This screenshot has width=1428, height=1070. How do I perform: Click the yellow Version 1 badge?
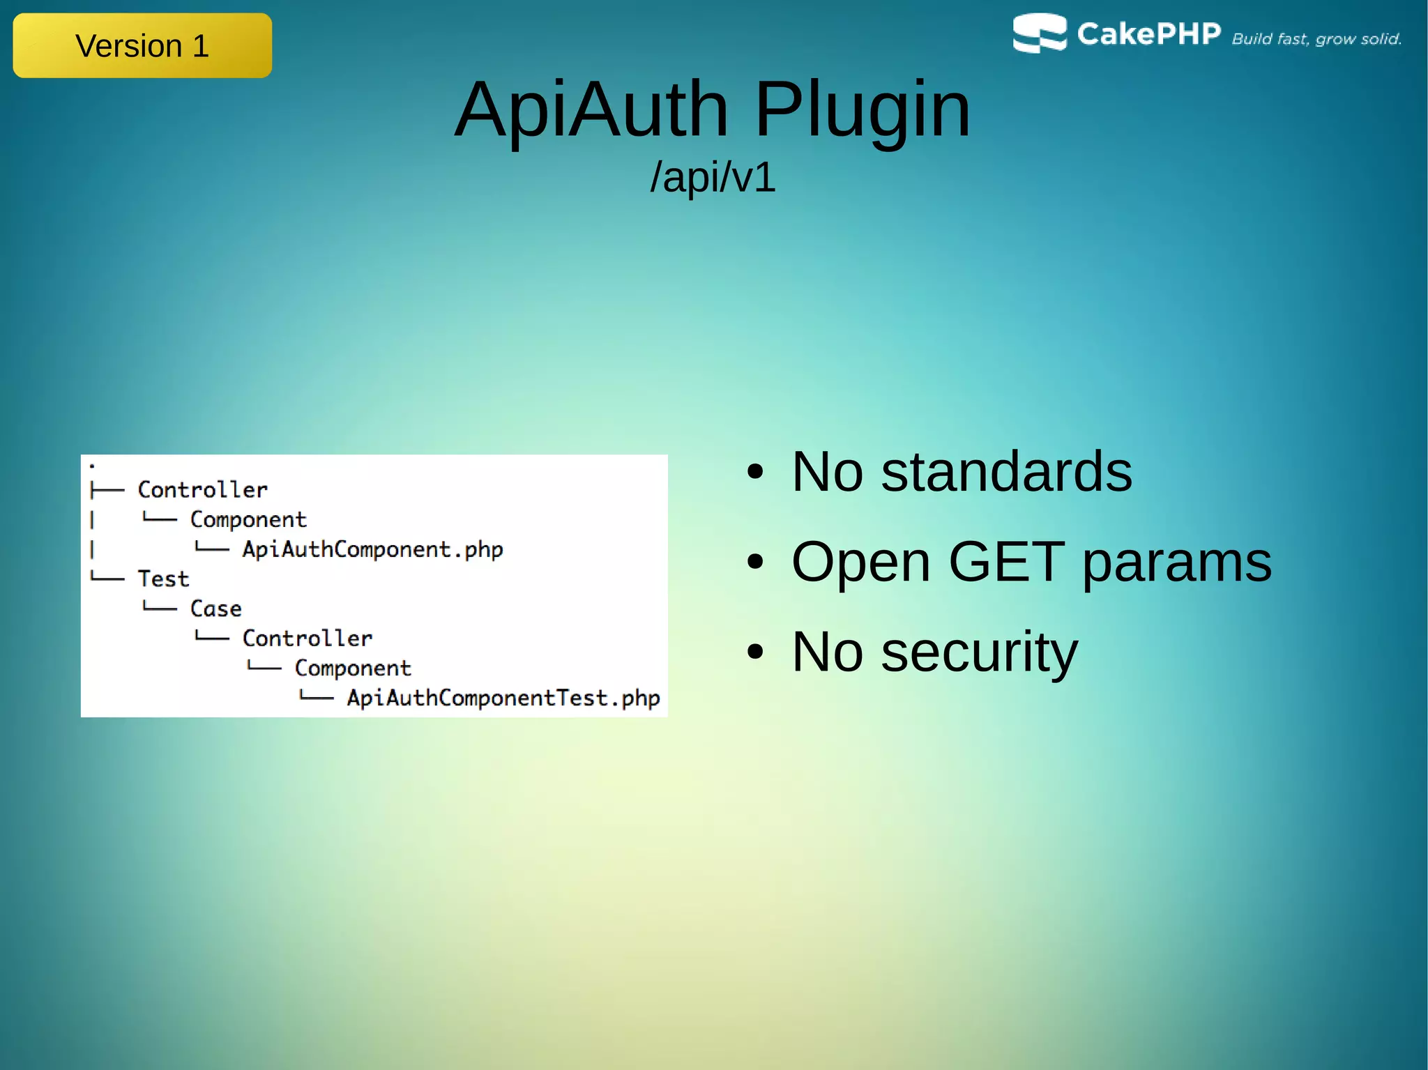coord(142,46)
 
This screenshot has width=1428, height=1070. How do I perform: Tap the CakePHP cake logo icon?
coord(1039,33)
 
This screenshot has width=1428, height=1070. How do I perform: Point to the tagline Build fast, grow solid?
coord(1316,39)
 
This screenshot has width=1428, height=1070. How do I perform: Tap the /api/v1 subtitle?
coord(713,177)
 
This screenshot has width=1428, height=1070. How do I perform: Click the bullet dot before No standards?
coord(755,473)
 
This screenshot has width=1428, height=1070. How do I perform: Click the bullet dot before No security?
coord(755,652)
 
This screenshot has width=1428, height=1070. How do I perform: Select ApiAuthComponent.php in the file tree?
coord(372,550)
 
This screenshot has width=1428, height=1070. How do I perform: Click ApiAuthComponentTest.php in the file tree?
coord(503,698)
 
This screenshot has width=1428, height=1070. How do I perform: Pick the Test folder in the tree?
coord(163,579)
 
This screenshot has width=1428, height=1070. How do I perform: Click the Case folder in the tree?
coord(215,609)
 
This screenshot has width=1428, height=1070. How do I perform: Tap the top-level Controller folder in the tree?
coord(202,490)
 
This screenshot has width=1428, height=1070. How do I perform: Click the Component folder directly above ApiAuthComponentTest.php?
coord(353,668)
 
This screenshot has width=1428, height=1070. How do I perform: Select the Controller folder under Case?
coord(307,639)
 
